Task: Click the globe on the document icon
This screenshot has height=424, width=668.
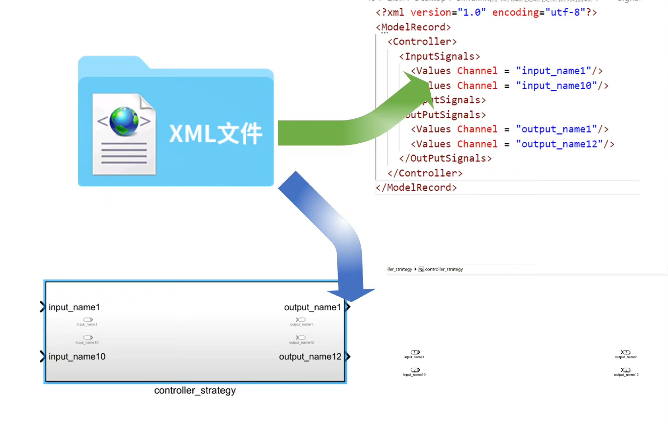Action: click(124, 121)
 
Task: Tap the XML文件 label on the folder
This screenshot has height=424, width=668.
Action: click(216, 133)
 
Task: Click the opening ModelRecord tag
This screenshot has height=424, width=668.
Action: click(413, 27)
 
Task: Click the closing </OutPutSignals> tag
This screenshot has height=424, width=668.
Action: click(445, 159)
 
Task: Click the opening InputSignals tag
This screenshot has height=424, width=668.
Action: click(439, 56)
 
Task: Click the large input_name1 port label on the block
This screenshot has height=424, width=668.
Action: click(74, 307)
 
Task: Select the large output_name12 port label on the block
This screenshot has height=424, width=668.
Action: click(310, 357)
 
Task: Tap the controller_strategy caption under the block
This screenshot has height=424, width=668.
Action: click(195, 391)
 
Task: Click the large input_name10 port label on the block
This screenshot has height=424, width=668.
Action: click(77, 357)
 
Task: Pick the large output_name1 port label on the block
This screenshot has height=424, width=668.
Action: click(312, 307)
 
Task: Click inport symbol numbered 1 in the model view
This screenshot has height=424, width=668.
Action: click(415, 352)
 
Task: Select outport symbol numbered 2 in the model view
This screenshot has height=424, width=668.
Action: click(626, 370)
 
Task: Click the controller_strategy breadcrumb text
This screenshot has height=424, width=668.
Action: click(444, 269)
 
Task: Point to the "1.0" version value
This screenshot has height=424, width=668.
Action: click(471, 13)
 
